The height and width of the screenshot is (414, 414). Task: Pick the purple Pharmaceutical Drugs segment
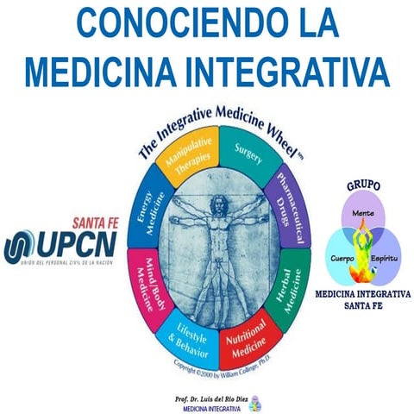point(286,203)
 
